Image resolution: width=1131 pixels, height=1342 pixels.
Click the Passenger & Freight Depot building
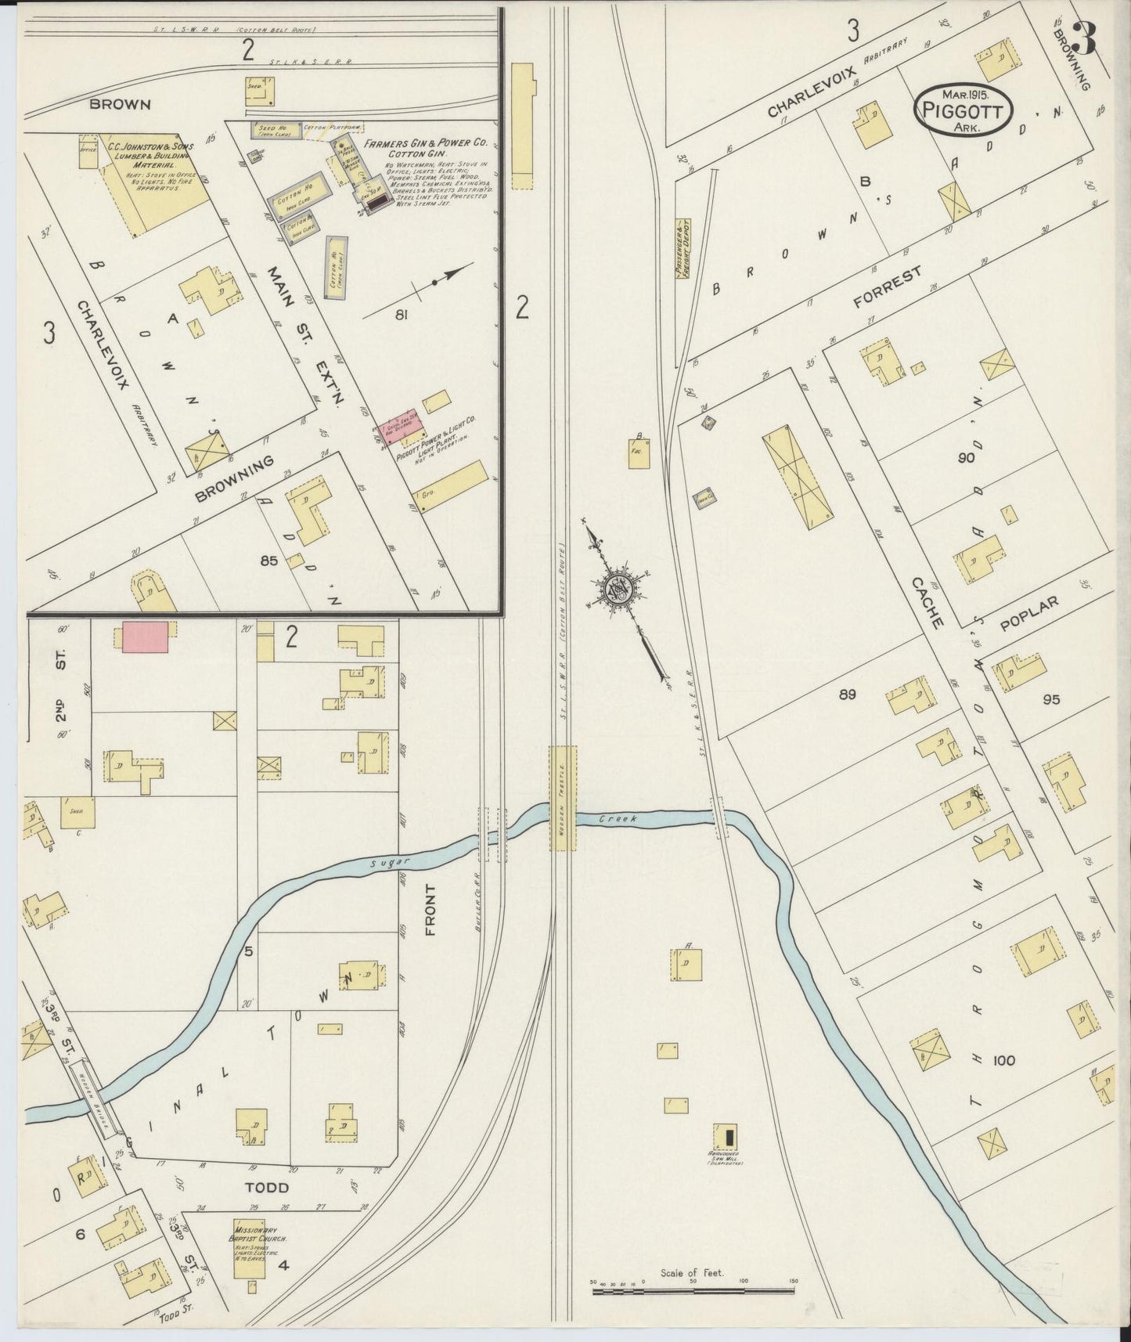tap(682, 248)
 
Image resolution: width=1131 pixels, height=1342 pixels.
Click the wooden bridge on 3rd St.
tap(92, 1098)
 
